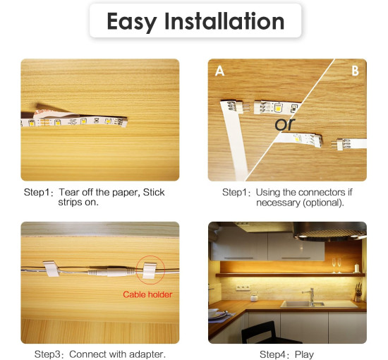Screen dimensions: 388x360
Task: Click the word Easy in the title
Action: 131,22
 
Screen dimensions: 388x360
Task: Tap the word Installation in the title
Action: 224,20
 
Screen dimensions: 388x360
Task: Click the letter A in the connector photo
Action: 219,71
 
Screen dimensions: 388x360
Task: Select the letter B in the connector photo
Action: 355,71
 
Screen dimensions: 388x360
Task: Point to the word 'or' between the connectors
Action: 285,124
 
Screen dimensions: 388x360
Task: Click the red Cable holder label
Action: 147,294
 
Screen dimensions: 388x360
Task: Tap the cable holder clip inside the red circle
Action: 150,270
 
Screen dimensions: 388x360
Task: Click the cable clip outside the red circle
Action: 51,268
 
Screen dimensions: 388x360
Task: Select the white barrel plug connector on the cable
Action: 111,271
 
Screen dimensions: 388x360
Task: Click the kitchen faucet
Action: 310,296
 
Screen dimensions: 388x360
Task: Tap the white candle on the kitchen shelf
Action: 356,268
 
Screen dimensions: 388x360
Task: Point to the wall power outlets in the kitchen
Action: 243,288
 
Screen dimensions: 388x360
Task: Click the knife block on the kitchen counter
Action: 358,293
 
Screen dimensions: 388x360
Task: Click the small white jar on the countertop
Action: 254,297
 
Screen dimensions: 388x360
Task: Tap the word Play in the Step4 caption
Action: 304,354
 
